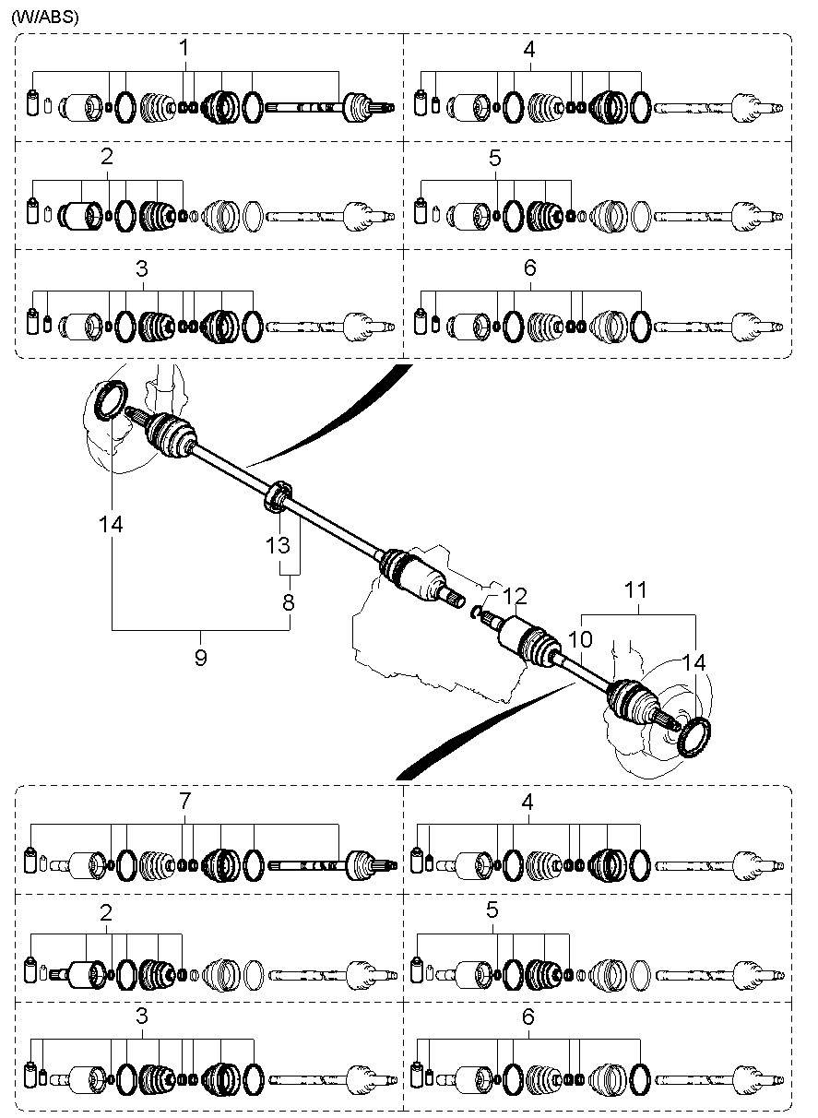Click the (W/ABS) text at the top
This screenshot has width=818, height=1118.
click(45, 17)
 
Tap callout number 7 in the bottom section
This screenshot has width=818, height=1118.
click(185, 802)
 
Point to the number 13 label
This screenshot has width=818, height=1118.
click(278, 544)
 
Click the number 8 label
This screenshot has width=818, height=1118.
click(289, 603)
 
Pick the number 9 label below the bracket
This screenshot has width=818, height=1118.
click(200, 657)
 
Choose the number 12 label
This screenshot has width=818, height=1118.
click(514, 596)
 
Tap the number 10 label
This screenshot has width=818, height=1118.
click(579, 638)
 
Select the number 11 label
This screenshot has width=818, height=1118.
click(637, 589)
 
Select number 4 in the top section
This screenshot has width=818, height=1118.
click(528, 49)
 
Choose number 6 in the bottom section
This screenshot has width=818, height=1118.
click(528, 1017)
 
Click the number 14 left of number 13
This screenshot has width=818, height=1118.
click(112, 524)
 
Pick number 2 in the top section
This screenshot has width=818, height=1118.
click(107, 157)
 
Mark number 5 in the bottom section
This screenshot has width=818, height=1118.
click(492, 910)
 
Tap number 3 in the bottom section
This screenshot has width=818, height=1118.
click(141, 1017)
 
